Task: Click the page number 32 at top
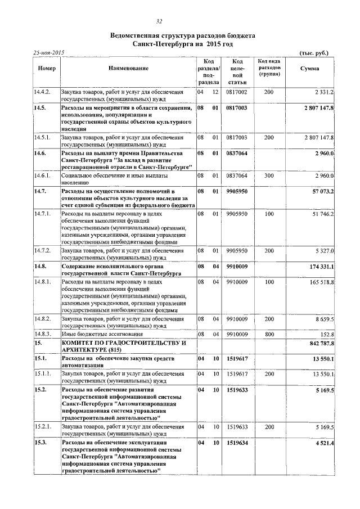point(159,21)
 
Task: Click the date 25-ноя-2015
point(49,52)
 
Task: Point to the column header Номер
point(47,68)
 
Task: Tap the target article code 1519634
point(237,443)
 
